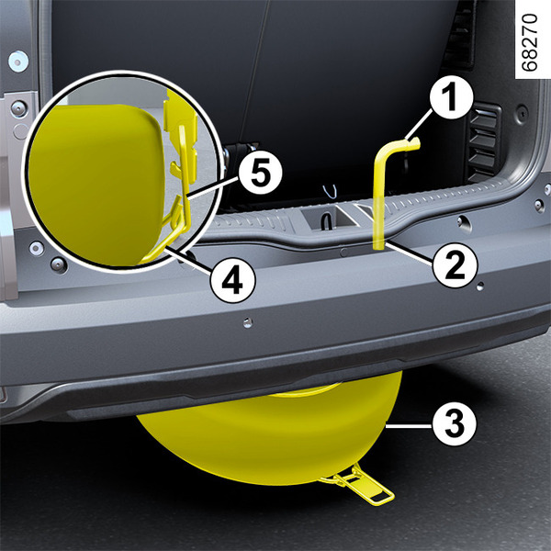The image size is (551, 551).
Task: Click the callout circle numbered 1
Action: pyautogui.click(x=451, y=97)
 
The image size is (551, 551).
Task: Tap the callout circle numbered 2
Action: pyautogui.click(x=455, y=265)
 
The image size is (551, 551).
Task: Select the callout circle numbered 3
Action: pyautogui.click(x=455, y=423)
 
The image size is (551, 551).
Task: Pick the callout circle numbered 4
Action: pyautogui.click(x=233, y=280)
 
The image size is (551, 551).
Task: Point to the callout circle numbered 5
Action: pyautogui.click(x=261, y=173)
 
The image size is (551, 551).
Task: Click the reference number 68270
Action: pyautogui.click(x=530, y=42)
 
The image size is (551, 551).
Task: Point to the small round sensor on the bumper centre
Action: pyautogui.click(x=248, y=322)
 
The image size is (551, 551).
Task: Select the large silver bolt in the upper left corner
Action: pyautogui.click(x=18, y=62)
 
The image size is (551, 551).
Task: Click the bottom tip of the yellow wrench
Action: pyautogui.click(x=378, y=247)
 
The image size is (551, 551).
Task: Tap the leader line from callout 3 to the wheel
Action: pyautogui.click(x=409, y=426)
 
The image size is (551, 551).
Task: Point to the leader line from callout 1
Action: pyautogui.click(x=418, y=124)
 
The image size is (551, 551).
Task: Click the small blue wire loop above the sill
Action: pyautogui.click(x=331, y=192)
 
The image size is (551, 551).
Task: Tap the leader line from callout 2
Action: pyautogui.click(x=409, y=251)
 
